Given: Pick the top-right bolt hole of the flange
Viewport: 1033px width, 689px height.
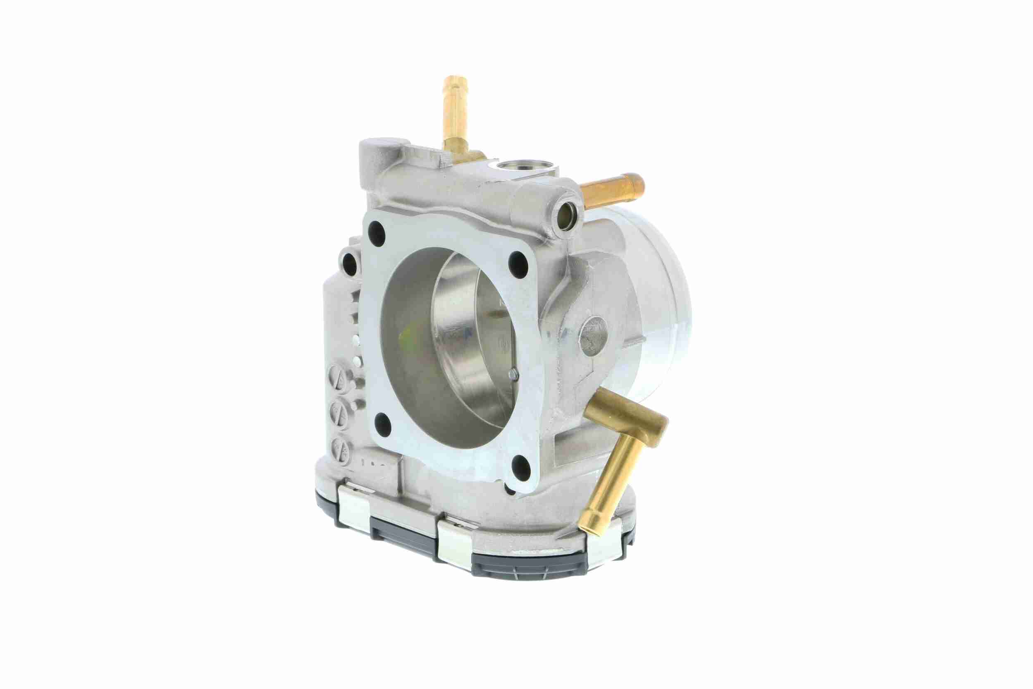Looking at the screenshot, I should (519, 264).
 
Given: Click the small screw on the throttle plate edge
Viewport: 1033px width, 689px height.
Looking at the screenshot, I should (512, 374).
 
